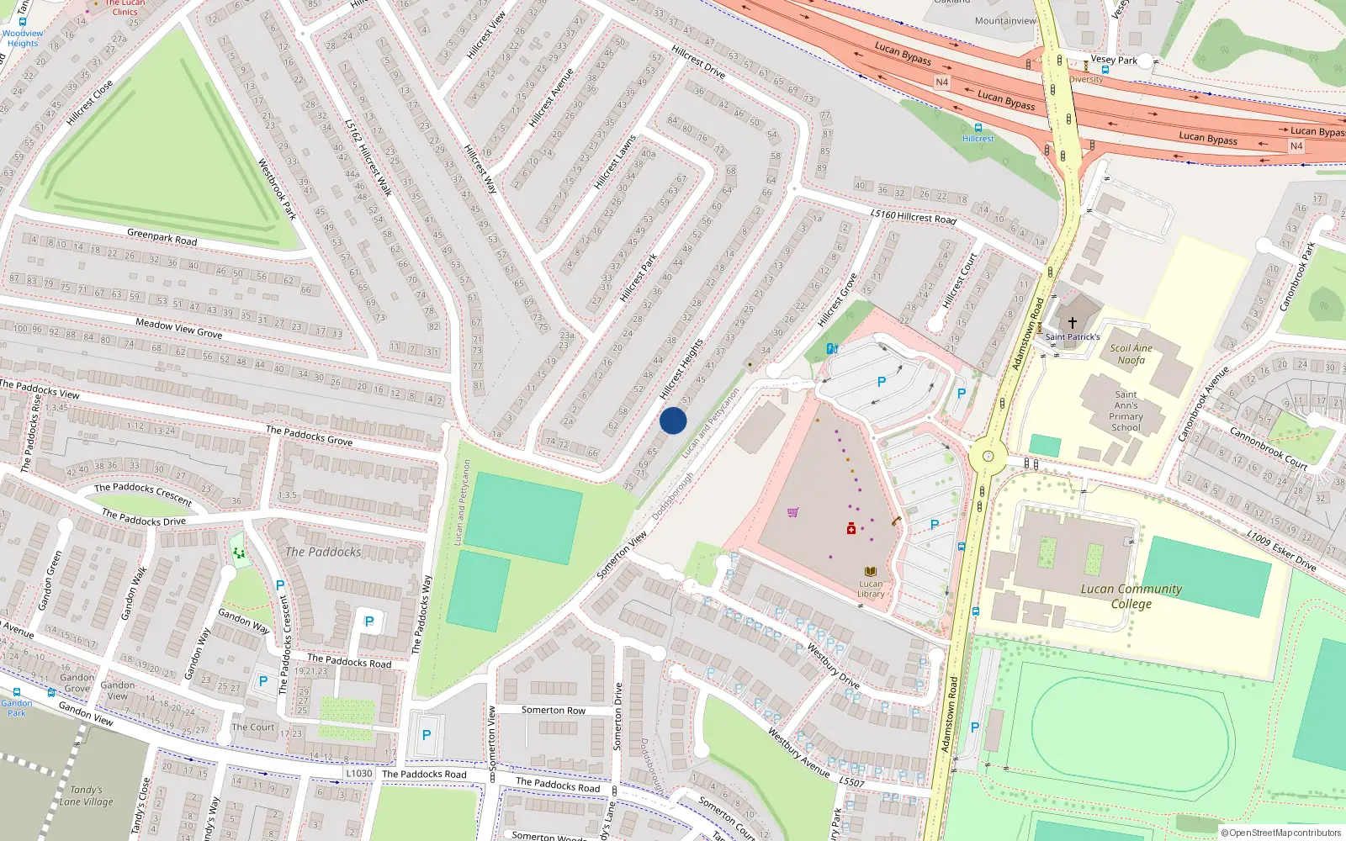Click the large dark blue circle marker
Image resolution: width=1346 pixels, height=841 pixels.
(673, 420)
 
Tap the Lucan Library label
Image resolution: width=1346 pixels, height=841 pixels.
(871, 589)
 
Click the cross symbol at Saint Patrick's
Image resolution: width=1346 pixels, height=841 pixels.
(1073, 323)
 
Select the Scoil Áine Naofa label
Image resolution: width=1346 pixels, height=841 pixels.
(1131, 354)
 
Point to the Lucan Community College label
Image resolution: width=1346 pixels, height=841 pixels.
(1131, 596)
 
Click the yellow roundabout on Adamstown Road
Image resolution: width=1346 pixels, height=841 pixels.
(988, 458)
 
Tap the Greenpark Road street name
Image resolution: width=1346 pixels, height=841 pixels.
(162, 237)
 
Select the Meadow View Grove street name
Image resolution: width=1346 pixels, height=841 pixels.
(179, 328)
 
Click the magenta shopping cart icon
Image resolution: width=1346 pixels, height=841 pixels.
(792, 511)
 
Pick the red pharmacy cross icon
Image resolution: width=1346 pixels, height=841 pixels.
(851, 528)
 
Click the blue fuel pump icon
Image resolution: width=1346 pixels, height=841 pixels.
(832, 348)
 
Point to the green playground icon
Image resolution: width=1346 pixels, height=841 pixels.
(239, 553)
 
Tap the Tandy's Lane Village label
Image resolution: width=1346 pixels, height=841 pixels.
(87, 796)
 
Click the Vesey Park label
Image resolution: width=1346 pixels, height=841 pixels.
(1114, 61)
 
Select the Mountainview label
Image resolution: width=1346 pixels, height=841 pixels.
(1005, 21)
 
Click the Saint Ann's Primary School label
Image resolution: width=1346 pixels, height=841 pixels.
(1126, 410)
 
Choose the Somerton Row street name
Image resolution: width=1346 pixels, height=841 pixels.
(553, 711)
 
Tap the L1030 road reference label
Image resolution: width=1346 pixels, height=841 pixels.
(359, 774)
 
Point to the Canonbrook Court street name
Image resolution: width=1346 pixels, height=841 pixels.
(1269, 448)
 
